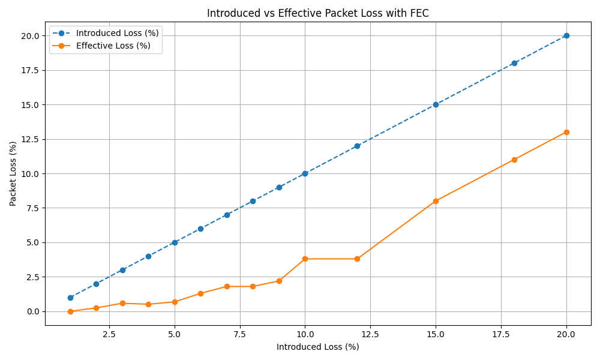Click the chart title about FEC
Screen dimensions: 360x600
(x=317, y=13)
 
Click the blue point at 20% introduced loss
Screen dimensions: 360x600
(x=566, y=35)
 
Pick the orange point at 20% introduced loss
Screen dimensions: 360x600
(x=566, y=132)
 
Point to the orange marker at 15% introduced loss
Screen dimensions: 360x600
(x=436, y=201)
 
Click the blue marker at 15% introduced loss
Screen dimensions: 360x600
(x=436, y=104)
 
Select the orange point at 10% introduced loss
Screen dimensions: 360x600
(x=305, y=259)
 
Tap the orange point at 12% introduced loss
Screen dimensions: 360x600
(x=357, y=259)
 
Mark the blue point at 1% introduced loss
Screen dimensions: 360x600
(x=70, y=298)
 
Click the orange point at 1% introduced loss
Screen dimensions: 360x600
(x=70, y=311)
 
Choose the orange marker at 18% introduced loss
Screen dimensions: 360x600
(x=514, y=160)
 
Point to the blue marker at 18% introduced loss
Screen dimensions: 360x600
(x=514, y=63)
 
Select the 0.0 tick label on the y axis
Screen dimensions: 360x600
(x=33, y=311)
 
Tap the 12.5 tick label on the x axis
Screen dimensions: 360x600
(x=370, y=334)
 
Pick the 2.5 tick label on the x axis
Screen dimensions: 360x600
(x=109, y=334)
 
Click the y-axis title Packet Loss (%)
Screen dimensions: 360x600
(x=13, y=173)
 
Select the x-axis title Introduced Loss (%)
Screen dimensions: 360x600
(x=317, y=347)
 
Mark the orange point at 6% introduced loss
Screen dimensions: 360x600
(x=200, y=293)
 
